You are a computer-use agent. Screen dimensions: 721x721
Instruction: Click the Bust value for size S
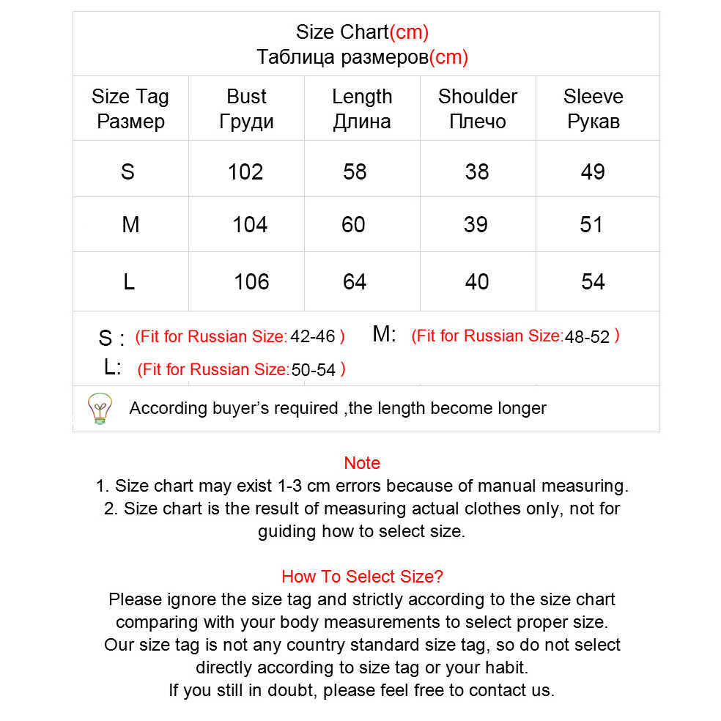245,171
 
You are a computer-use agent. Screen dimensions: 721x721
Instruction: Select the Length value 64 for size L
355,281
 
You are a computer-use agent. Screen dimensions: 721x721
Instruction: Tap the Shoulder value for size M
476,224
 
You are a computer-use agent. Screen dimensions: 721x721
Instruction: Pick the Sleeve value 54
593,281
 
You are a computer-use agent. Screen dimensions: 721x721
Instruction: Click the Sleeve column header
593,108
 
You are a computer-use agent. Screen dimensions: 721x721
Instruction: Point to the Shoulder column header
477,108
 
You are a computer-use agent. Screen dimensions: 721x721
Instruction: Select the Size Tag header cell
130,108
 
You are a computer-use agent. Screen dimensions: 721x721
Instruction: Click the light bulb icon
100,408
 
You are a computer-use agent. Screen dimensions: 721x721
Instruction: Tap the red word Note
362,463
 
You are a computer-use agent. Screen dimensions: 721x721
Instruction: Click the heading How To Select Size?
362,576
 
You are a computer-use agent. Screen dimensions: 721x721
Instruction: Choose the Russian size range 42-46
312,337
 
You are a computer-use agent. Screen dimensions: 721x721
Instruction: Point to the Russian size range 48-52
586,337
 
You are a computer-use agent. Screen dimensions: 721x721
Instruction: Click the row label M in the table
130,224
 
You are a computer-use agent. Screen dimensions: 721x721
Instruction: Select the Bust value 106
251,281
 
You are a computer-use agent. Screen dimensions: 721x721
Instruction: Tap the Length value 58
355,171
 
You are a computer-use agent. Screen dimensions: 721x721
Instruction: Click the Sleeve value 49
593,171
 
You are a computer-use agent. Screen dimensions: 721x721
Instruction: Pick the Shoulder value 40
477,281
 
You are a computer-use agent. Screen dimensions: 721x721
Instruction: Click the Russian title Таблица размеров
342,57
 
